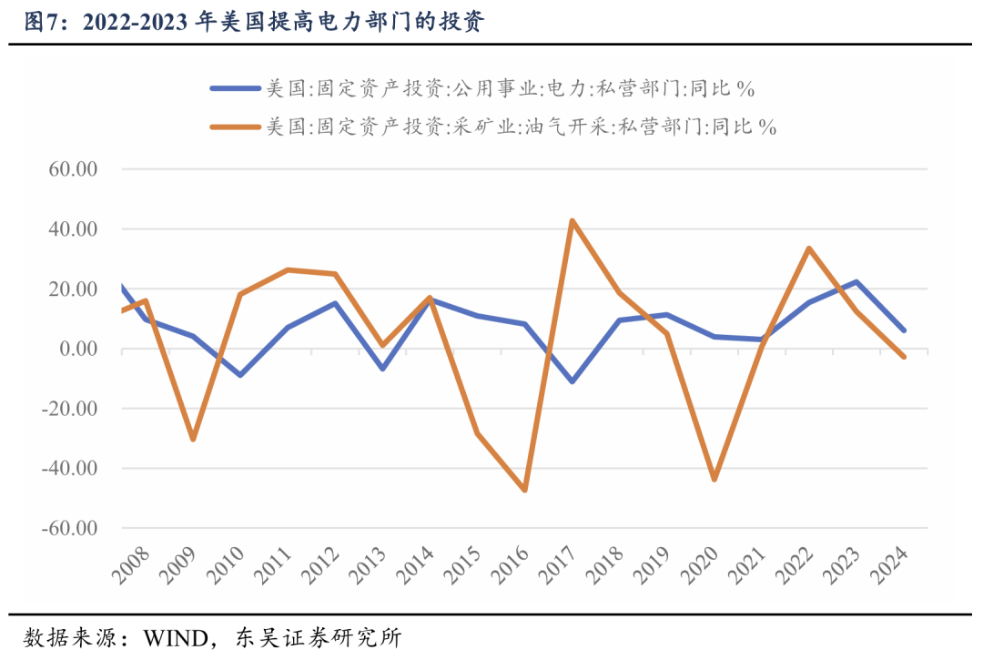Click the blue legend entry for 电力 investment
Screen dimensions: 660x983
[482, 88]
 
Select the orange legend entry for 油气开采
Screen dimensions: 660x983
[492, 127]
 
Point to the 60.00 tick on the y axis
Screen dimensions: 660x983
[72, 169]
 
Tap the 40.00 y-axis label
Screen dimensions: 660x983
[72, 229]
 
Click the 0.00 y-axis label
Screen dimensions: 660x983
[76, 350]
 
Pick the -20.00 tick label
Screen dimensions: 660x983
[69, 409]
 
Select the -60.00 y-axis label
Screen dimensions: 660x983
[69, 529]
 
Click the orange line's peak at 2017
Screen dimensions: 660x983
[572, 220]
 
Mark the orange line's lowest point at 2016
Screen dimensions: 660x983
[524, 490]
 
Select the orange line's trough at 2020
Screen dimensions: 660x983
[714, 480]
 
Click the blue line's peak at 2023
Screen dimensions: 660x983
[856, 282]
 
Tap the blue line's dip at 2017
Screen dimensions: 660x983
[572, 381]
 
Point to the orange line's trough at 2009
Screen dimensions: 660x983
[193, 439]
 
